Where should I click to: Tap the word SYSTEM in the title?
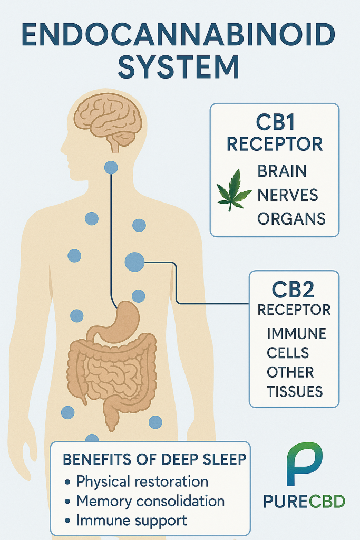(179, 69)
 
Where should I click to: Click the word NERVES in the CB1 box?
(287, 195)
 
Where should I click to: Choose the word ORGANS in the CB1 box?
(291, 218)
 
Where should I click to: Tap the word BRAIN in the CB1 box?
(282, 171)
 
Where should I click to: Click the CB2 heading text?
(293, 290)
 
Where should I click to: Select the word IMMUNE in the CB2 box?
(296, 334)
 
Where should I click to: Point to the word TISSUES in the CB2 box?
(295, 391)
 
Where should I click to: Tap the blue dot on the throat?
(111, 168)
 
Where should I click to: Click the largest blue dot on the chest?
(134, 262)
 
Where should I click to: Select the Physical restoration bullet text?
(142, 481)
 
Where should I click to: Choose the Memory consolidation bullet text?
(150, 500)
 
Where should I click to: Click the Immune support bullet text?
(131, 520)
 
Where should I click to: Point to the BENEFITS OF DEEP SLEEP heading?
(154, 459)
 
